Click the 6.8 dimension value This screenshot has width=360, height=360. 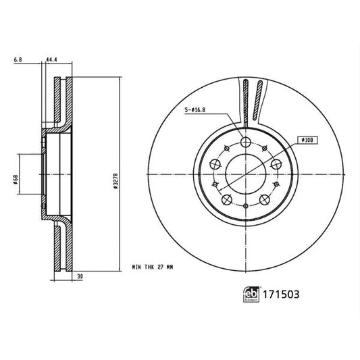click(16, 59)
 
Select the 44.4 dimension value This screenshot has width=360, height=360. click(51, 59)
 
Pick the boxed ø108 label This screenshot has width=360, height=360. click(307, 140)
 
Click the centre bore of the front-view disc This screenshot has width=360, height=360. click(245, 173)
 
